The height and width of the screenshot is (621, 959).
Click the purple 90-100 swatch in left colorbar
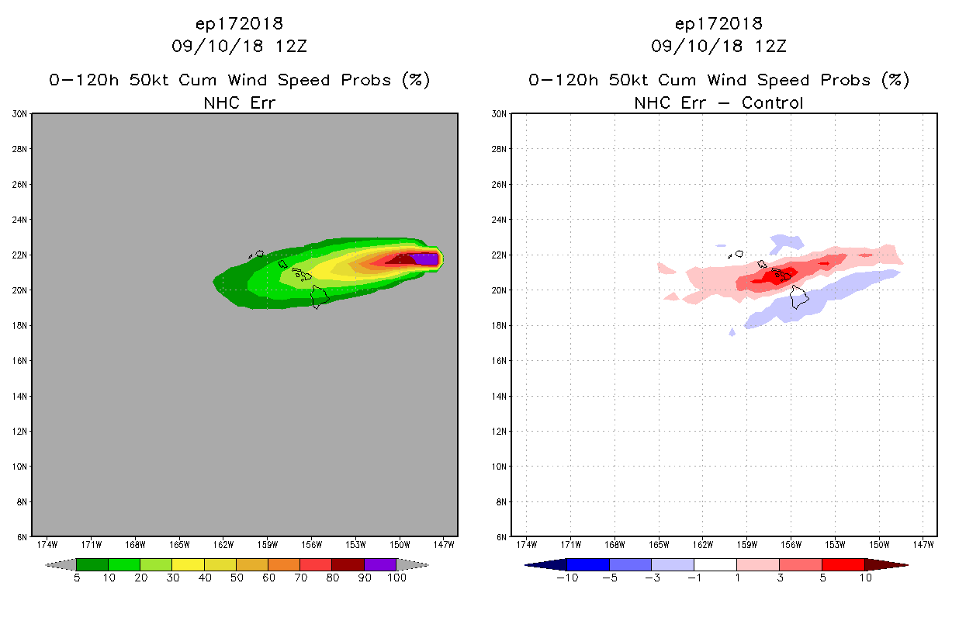[380, 564]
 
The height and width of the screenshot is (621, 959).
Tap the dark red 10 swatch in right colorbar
[885, 564]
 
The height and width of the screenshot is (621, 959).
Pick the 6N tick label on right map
[501, 537]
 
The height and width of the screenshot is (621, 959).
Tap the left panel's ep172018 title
[239, 23]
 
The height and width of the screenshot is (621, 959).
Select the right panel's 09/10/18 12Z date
[718, 46]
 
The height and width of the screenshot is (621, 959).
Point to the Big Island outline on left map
[320, 297]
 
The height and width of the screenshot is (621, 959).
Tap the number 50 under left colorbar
[236, 578]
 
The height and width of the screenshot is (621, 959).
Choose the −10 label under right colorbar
[567, 578]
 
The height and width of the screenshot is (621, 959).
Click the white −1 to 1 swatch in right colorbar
[715, 564]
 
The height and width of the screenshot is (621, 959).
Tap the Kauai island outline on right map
[739, 253]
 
